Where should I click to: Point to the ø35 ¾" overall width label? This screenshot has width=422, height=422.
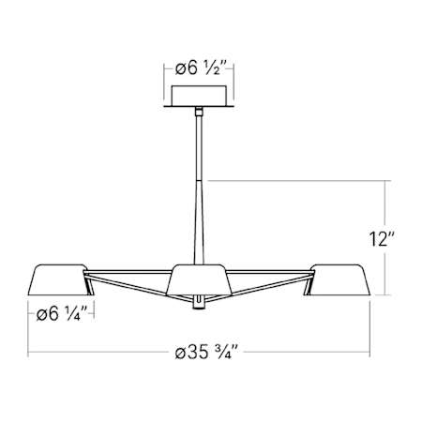209,354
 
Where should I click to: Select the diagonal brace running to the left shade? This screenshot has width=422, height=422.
131,288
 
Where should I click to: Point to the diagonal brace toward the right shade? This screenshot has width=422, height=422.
267,288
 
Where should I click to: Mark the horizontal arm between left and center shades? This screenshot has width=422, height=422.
127,276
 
